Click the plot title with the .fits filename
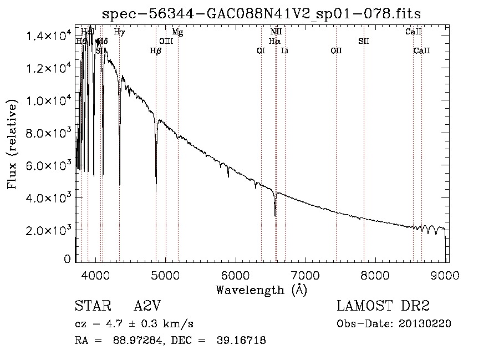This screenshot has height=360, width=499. click(266, 13)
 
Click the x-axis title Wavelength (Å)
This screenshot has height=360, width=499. click(261, 290)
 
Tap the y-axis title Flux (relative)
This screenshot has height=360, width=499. click(12, 143)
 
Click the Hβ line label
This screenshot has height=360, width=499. click(156, 50)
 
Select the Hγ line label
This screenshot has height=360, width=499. click(119, 32)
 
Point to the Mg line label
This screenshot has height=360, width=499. click(177, 32)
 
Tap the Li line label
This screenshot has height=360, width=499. click(285, 50)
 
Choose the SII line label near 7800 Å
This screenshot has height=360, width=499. click(364, 41)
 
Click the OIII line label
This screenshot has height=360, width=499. click(166, 41)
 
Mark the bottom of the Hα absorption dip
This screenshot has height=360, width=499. click(275, 215)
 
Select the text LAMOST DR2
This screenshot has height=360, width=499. click(383, 307)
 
